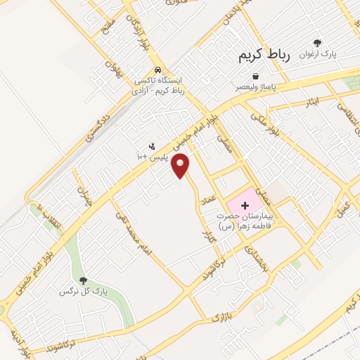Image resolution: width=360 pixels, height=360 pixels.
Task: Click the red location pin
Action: [181, 165]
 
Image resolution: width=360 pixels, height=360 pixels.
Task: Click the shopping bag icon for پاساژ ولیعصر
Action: [255, 76]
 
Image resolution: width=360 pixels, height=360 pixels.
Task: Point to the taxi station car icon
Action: [160, 71]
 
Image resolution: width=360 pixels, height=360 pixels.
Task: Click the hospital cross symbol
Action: [245, 205]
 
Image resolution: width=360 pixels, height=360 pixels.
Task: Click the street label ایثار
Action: [312, 103]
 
